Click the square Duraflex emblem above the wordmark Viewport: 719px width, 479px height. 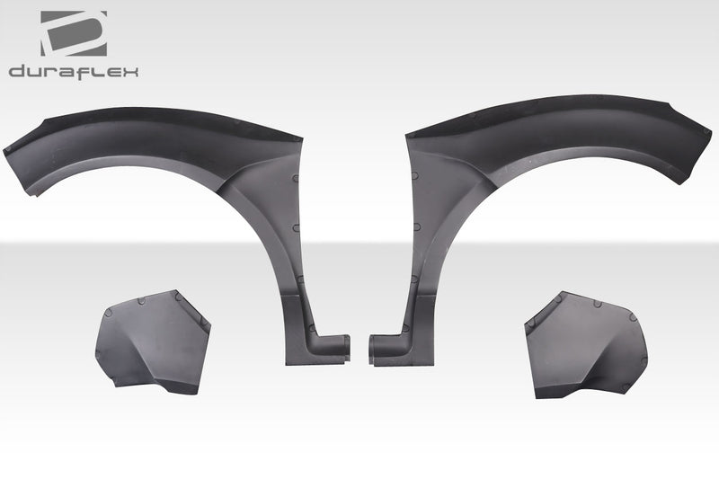point(73,33)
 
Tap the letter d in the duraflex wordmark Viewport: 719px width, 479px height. point(17,71)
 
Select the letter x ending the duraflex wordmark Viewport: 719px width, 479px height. point(130,71)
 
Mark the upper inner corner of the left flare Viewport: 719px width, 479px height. point(299,140)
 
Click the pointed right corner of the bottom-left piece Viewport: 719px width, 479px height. point(209,333)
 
